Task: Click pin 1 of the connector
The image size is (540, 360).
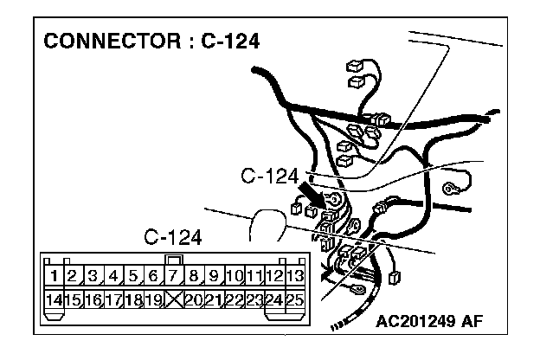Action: pyautogui.click(x=54, y=277)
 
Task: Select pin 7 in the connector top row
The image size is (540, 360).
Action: pyautogui.click(x=173, y=277)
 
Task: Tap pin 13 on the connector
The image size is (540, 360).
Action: pyautogui.click(x=294, y=277)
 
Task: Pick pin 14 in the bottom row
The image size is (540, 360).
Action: pyautogui.click(x=54, y=300)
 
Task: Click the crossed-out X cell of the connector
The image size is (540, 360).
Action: pyautogui.click(x=173, y=300)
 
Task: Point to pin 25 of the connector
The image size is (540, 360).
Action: pyautogui.click(x=294, y=300)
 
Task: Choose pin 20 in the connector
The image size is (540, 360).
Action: pyautogui.click(x=193, y=300)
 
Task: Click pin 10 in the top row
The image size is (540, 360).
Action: pyautogui.click(x=234, y=277)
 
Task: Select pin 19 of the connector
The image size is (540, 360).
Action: pyautogui.click(x=153, y=300)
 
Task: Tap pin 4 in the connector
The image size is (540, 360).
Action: pyautogui.click(x=113, y=277)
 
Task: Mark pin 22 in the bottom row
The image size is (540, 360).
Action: pyautogui.click(x=234, y=300)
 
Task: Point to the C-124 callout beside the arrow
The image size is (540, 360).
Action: pyautogui.click(x=270, y=177)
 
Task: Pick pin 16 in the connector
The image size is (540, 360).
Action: pyautogui.click(x=93, y=300)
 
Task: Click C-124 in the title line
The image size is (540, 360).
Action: pyautogui.click(x=227, y=42)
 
